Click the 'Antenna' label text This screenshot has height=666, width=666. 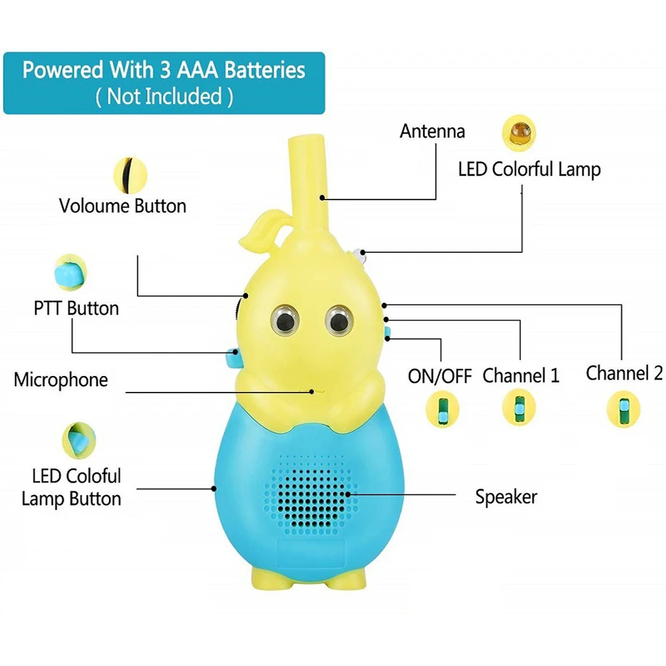[x=432, y=131]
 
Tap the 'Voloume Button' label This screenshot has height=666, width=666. [x=122, y=206]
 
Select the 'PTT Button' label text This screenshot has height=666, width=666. [x=77, y=308]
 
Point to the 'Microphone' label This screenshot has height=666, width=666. [x=61, y=380]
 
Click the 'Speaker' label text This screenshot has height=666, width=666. [x=506, y=497]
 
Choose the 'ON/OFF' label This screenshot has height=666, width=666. [x=440, y=376]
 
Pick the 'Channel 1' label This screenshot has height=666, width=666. [x=521, y=375]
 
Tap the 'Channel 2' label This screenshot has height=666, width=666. [x=624, y=373]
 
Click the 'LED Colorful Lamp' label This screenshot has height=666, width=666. [x=529, y=169]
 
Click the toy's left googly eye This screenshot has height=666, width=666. [x=285, y=319]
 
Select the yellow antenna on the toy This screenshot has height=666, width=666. [x=308, y=183]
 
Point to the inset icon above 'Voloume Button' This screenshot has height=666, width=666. [x=130, y=176]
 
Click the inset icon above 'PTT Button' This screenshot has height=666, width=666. [x=71, y=272]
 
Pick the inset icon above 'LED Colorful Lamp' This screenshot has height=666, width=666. [x=519, y=133]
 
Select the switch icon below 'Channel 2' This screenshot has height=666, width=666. [x=623, y=409]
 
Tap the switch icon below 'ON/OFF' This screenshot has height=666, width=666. [x=442, y=409]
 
